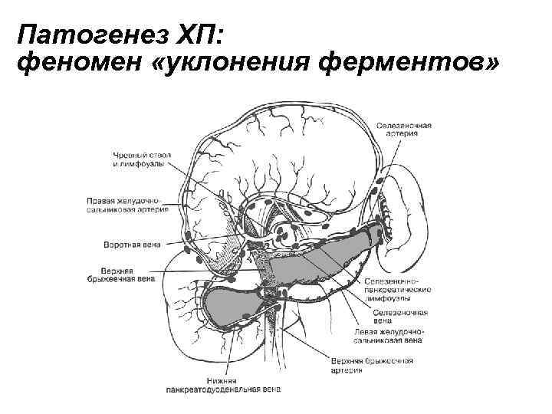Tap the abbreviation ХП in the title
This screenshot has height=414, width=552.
click(x=156, y=35)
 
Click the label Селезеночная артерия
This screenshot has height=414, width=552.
click(x=403, y=128)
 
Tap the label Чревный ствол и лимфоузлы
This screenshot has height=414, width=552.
click(x=141, y=159)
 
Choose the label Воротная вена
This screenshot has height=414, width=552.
click(x=132, y=246)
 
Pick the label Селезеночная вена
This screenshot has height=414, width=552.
click(x=399, y=316)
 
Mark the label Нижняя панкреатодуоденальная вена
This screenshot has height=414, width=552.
click(x=223, y=386)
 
